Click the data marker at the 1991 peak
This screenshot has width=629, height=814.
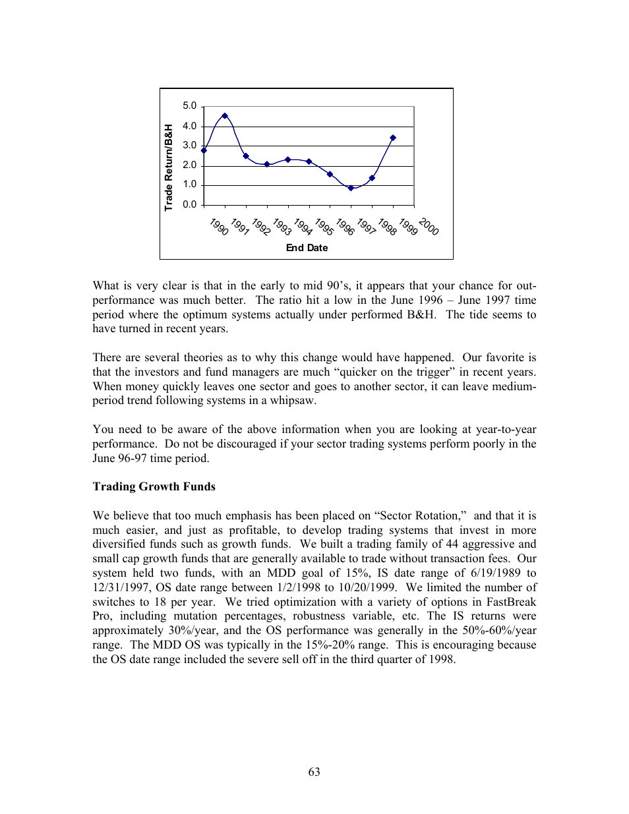pos(225,116)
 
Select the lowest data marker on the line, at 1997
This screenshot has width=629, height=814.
pos(351,188)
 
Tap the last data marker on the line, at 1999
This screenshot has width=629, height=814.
pos(393,138)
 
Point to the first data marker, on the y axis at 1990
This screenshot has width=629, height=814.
pos(204,150)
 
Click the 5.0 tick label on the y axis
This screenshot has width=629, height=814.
pos(189,106)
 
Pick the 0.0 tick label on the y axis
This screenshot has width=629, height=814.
pos(189,204)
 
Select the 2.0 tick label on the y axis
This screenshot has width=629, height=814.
pos(189,165)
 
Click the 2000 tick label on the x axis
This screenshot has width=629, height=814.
pos(429,226)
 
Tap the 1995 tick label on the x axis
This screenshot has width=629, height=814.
pos(324,226)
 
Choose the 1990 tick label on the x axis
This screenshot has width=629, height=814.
pos(219,226)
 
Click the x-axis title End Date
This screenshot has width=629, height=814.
pos(307,248)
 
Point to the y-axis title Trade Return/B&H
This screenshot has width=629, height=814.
pos(169,167)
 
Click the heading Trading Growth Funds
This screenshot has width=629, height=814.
pos(154,486)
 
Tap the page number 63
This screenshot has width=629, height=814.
pos(314,772)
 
